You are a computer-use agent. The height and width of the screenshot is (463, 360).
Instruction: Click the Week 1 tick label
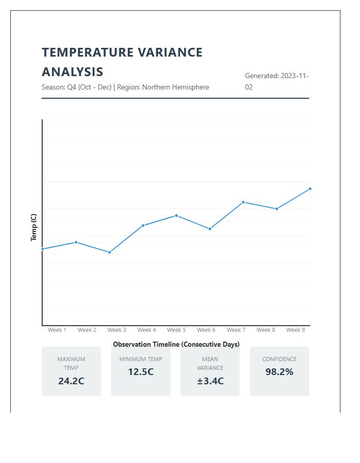(x=57, y=330)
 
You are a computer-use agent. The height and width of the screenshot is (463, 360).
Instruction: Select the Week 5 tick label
(x=176, y=330)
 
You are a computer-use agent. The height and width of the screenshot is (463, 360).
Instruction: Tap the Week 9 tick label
(x=296, y=330)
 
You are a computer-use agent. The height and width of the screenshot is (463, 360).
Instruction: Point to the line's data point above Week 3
(x=110, y=252)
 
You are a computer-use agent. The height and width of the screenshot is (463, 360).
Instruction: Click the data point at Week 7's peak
(x=243, y=202)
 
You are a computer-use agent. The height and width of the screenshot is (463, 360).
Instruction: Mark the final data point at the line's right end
(x=310, y=189)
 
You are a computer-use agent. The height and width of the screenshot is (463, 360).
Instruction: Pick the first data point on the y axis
(x=43, y=249)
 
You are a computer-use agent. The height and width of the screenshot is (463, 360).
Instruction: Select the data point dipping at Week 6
(x=210, y=229)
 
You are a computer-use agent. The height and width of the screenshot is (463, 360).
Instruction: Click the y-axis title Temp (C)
(x=34, y=227)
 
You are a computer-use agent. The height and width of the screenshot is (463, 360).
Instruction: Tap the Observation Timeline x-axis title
(x=176, y=344)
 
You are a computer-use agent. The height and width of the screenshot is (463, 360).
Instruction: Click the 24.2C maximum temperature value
(x=71, y=381)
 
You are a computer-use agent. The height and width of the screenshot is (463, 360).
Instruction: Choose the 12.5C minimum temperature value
(x=140, y=372)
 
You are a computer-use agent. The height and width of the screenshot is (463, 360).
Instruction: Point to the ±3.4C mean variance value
(x=210, y=381)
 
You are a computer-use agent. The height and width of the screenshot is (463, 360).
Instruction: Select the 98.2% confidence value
(x=279, y=372)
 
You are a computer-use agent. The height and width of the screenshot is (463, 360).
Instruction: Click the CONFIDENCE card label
(x=279, y=359)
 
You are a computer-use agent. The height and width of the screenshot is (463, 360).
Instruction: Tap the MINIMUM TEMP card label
(x=140, y=359)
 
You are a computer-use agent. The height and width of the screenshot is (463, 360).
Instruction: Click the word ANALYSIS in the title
(x=73, y=72)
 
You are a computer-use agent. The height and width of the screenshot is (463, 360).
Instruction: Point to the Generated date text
(x=277, y=81)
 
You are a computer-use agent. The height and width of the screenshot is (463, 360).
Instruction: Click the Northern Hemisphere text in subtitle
(x=175, y=87)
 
